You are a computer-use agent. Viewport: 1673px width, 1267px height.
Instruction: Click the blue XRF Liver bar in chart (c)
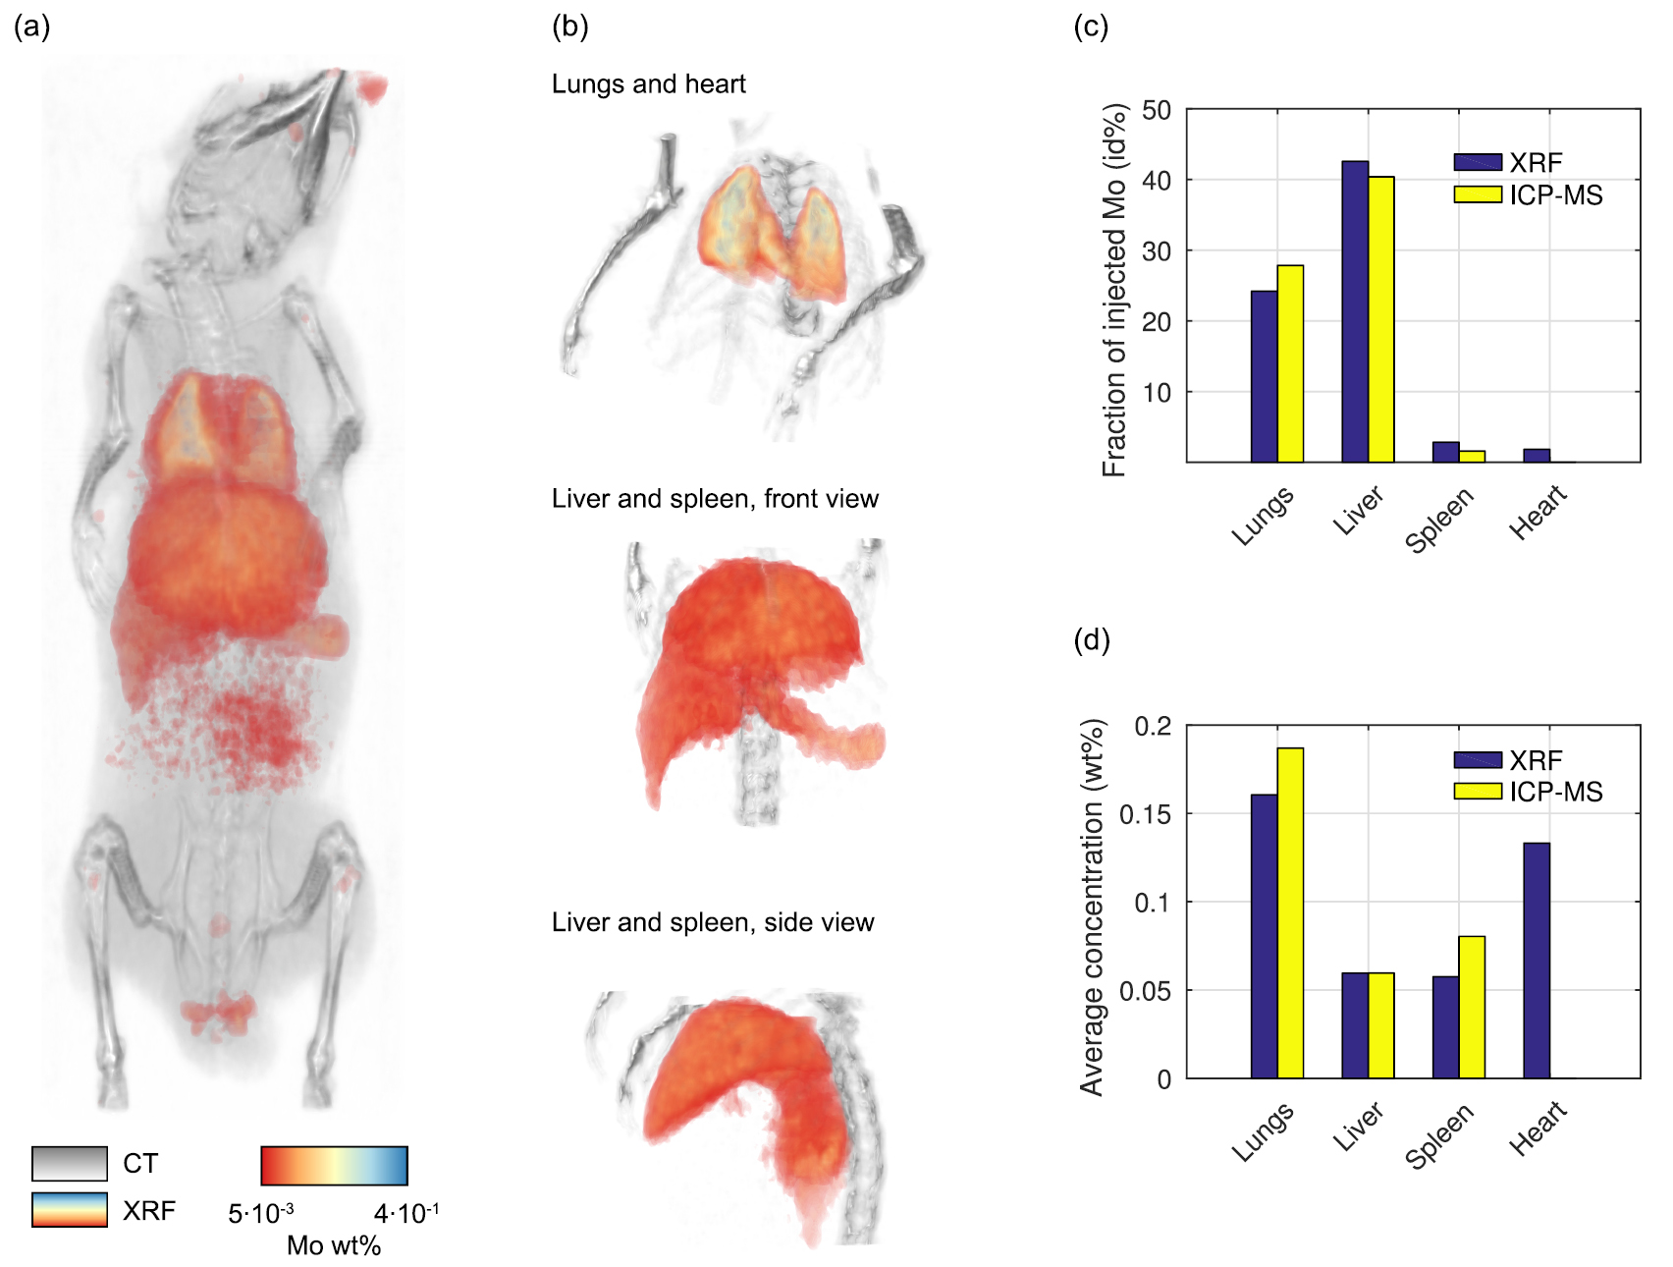(x=1355, y=311)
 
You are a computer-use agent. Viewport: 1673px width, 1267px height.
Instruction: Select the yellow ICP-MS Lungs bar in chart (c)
(x=1290, y=363)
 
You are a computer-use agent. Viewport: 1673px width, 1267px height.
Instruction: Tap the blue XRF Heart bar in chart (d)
(x=1537, y=961)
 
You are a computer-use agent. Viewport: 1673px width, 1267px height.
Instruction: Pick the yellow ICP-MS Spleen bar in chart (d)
(x=1472, y=1007)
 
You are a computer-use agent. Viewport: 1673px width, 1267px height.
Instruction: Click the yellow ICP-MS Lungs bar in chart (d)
(x=1290, y=913)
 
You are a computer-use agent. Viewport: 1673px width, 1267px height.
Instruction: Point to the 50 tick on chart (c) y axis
(x=1157, y=110)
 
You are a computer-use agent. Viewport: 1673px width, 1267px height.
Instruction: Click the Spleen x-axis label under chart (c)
(x=1440, y=520)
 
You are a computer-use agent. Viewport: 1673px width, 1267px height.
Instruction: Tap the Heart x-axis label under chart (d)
(x=1538, y=1129)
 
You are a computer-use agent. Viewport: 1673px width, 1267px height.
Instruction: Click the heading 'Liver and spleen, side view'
(x=713, y=922)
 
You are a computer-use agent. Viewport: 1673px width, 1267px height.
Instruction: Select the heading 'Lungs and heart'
(x=648, y=84)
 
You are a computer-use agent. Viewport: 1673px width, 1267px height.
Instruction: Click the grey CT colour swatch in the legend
(x=69, y=1163)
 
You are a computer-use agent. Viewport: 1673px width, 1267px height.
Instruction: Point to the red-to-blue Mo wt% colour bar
(x=334, y=1166)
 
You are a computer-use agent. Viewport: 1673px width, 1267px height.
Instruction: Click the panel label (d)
(x=1091, y=640)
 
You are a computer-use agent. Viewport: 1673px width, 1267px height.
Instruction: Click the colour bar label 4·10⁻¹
(x=405, y=1214)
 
